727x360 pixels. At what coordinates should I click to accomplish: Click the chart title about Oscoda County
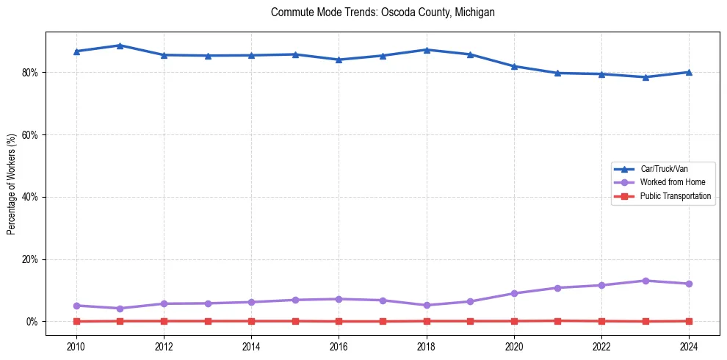(383, 12)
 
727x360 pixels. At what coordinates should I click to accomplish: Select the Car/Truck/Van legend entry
(664, 169)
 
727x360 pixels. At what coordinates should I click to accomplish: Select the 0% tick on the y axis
(35, 322)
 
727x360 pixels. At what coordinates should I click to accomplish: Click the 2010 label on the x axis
(76, 346)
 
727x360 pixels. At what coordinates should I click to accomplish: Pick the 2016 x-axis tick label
(339, 346)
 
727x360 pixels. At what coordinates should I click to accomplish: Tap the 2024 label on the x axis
(689, 346)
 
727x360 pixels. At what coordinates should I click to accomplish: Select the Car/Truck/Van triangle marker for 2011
(120, 46)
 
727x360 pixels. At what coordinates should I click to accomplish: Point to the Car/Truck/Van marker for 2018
(427, 50)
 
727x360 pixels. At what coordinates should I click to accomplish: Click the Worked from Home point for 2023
(645, 281)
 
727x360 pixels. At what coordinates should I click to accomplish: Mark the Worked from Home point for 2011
(120, 309)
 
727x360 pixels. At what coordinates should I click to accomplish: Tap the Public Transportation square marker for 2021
(558, 321)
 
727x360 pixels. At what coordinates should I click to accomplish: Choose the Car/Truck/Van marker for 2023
(645, 77)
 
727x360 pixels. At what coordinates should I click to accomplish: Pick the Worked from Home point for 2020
(514, 293)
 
